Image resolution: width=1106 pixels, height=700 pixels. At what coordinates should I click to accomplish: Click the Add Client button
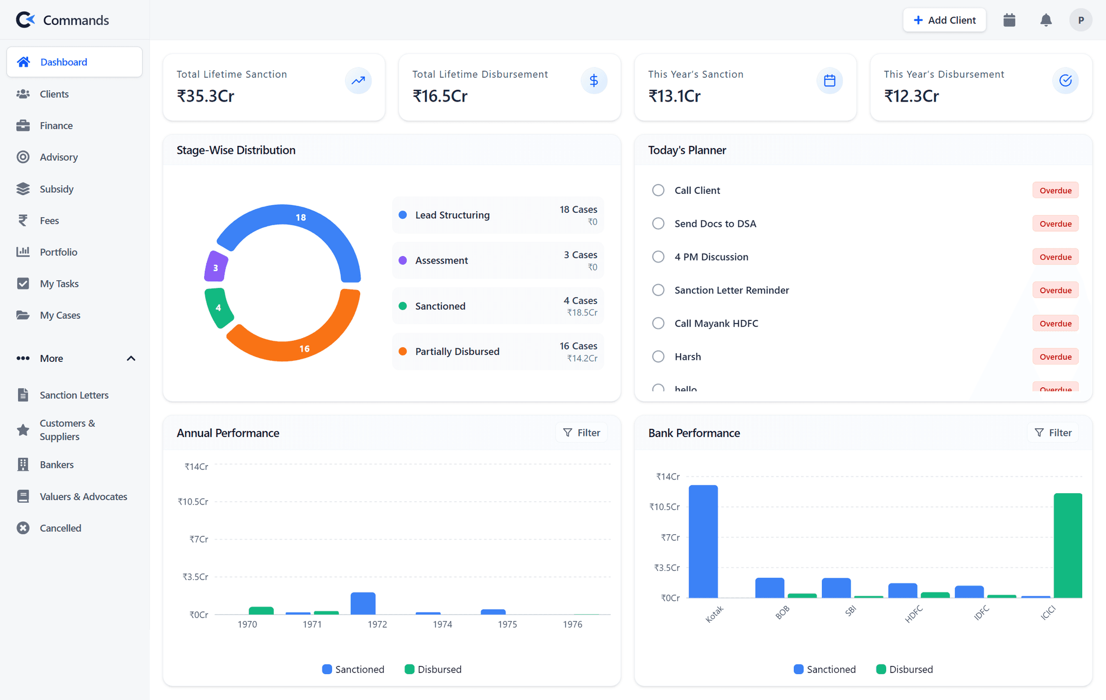click(944, 20)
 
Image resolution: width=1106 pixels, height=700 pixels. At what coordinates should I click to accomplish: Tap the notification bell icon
click(1046, 20)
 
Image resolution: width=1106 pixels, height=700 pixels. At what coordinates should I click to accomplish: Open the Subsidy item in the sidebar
click(56, 189)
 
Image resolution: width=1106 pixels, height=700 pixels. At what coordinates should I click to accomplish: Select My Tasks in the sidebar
click(59, 284)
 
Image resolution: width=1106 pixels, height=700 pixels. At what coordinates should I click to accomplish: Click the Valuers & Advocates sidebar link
click(83, 496)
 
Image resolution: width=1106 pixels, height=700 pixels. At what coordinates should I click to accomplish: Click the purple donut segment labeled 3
click(215, 267)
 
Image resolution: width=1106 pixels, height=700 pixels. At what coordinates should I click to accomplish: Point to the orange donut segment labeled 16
click(302, 346)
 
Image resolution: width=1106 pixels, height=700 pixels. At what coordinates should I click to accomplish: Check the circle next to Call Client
click(658, 190)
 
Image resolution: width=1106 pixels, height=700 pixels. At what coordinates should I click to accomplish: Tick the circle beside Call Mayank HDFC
click(658, 323)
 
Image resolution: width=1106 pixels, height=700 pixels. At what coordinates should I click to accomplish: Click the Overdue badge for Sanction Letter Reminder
click(1055, 290)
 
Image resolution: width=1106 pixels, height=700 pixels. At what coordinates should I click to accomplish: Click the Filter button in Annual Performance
click(581, 433)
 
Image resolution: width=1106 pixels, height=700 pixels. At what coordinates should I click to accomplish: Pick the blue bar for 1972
click(363, 603)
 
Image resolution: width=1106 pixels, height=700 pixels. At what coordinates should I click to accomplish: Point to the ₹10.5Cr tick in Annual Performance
click(193, 502)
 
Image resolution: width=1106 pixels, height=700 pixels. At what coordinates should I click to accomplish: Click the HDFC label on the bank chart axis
click(914, 614)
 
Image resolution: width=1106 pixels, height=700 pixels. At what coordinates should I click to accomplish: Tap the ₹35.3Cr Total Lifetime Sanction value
click(206, 96)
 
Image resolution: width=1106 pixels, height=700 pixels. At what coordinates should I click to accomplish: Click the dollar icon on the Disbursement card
click(594, 80)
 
